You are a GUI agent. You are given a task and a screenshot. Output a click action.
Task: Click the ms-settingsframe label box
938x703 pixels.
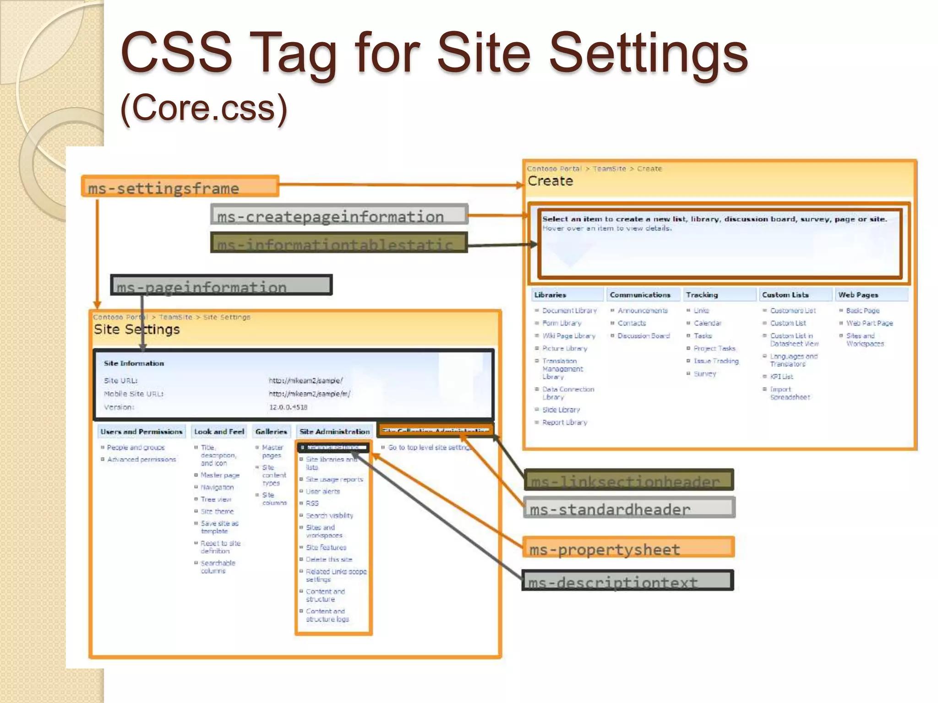[x=180, y=187]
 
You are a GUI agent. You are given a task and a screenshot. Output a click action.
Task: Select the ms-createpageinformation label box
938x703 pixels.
[x=339, y=215]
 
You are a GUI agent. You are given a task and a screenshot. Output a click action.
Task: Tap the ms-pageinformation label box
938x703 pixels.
[x=221, y=285]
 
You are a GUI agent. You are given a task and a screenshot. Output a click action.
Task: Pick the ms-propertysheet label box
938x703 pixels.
[x=628, y=547]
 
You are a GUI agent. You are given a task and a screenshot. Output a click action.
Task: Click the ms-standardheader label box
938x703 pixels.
[x=629, y=508]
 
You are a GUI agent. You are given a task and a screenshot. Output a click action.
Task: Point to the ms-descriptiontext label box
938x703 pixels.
[x=627, y=580]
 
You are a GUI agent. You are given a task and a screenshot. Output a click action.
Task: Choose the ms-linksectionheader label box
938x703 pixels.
[x=628, y=480]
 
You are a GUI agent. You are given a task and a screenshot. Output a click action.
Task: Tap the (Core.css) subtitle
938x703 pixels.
[x=204, y=108]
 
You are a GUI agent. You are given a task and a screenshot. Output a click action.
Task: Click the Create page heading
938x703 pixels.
[x=550, y=181]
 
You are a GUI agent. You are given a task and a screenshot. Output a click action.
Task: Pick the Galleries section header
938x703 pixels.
[x=271, y=432]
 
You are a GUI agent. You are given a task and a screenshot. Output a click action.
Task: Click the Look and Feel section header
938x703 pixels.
[x=219, y=432]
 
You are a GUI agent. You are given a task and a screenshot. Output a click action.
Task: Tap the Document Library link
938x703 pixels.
[x=569, y=311]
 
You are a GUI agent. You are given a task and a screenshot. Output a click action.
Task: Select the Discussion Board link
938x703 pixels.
[x=643, y=336]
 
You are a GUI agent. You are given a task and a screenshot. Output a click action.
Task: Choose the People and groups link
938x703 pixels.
[x=136, y=448]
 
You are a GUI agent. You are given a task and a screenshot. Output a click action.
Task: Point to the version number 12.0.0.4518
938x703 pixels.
[x=288, y=407]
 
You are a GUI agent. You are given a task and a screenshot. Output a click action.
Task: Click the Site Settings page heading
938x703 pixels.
[x=136, y=330]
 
